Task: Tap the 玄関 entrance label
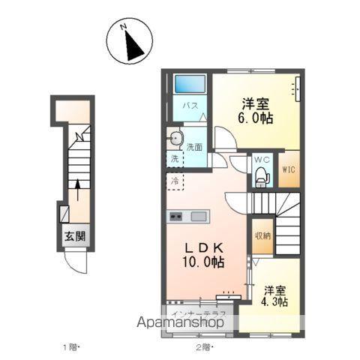[x=75, y=237]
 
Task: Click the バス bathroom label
[x=191, y=106]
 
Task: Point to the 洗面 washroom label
[x=195, y=147]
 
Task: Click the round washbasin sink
[x=176, y=137]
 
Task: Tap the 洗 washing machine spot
[x=174, y=159]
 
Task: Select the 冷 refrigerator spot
[x=175, y=180]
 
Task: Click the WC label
[x=262, y=160]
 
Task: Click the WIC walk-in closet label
[x=289, y=169]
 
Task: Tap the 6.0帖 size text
[x=256, y=118]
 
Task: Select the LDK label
[x=201, y=247]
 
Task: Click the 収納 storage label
[x=262, y=235]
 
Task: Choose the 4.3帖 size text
[x=275, y=301]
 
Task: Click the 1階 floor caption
[x=70, y=348]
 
